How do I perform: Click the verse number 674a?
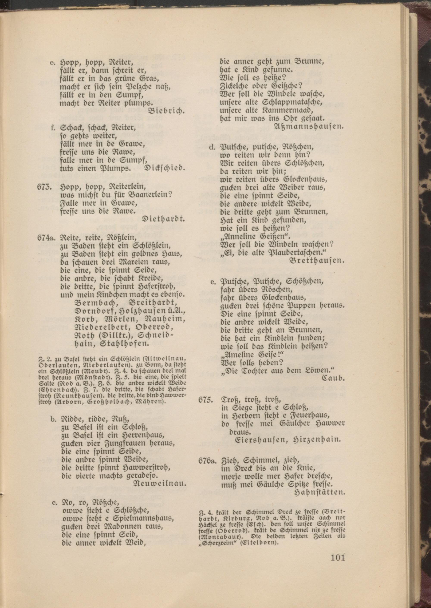coord(47,237)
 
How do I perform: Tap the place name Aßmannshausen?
coord(309,126)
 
